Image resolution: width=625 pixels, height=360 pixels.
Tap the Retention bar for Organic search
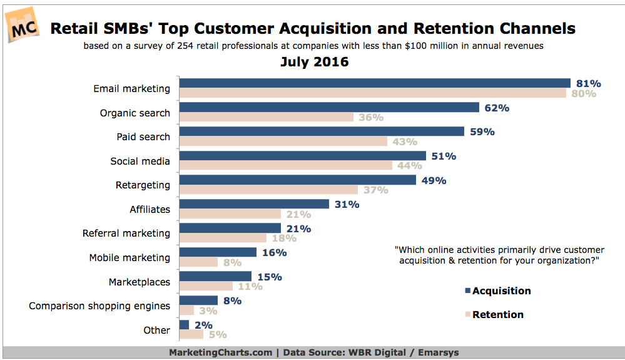coord(266,118)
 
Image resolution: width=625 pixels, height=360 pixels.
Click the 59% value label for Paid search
coord(482,132)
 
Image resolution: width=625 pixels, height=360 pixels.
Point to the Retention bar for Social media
coord(285,166)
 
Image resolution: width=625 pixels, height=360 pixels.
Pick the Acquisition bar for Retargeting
coord(297,180)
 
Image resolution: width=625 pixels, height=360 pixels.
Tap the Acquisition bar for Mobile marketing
coord(218,252)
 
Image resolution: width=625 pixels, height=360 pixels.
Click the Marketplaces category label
coord(138,282)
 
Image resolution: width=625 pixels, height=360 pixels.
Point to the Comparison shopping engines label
coord(99,306)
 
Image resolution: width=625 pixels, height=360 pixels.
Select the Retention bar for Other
coord(191,334)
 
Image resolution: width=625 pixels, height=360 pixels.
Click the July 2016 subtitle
coord(314,62)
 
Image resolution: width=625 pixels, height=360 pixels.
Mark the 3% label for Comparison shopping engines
coord(208,311)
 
